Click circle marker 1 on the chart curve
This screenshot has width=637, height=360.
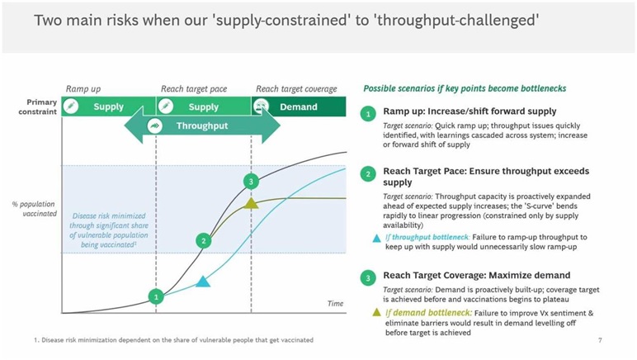pyautogui.click(x=156, y=296)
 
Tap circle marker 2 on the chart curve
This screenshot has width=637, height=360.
pyautogui.click(x=204, y=240)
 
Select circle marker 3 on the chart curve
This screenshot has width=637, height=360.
pyautogui.click(x=251, y=181)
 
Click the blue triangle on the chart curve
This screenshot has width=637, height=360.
pyautogui.click(x=203, y=281)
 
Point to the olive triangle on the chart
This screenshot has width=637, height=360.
pyautogui.click(x=251, y=203)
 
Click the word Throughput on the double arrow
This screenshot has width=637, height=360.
pyautogui.click(x=202, y=126)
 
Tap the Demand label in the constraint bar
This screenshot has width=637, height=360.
pyautogui.click(x=299, y=107)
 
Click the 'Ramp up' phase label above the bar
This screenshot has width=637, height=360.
pyautogui.click(x=83, y=89)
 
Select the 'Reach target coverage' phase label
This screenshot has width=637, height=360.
pyautogui.click(x=296, y=89)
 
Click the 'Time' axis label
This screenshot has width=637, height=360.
pyautogui.click(x=336, y=304)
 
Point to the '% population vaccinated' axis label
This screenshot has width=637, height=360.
pyautogui.click(x=35, y=209)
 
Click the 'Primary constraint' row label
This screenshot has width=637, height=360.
pyautogui.click(x=37, y=107)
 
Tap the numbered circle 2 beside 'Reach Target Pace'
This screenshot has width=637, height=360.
pyautogui.click(x=368, y=174)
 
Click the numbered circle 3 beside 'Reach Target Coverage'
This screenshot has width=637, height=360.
pyautogui.click(x=368, y=278)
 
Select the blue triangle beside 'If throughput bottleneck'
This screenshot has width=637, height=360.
pyautogui.click(x=376, y=238)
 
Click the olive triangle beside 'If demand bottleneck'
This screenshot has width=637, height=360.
pyautogui.click(x=376, y=312)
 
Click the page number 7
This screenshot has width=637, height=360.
pyautogui.click(x=600, y=340)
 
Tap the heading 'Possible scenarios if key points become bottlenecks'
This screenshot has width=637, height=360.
pyautogui.click(x=465, y=88)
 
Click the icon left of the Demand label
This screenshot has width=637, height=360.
pyautogui.click(x=261, y=107)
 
